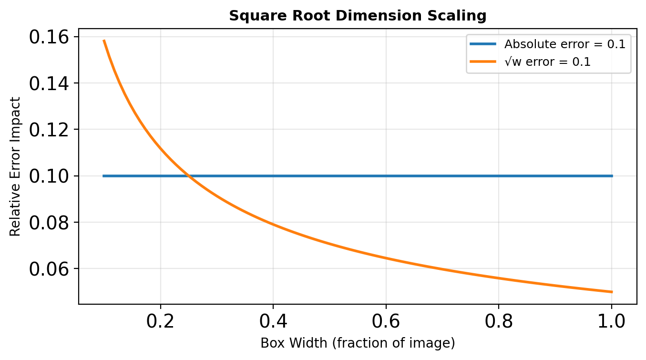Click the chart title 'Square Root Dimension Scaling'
click(358, 16)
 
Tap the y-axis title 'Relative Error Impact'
click(15, 166)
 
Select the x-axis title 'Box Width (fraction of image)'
click(358, 343)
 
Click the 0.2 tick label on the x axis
click(161, 321)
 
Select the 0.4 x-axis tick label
click(273, 321)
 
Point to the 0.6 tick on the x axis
click(386, 321)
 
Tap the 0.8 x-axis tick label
click(499, 321)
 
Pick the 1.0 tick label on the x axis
click(611, 321)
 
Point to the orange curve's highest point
click(104, 41)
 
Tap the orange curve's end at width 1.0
click(612, 292)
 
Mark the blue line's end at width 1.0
click(612, 176)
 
